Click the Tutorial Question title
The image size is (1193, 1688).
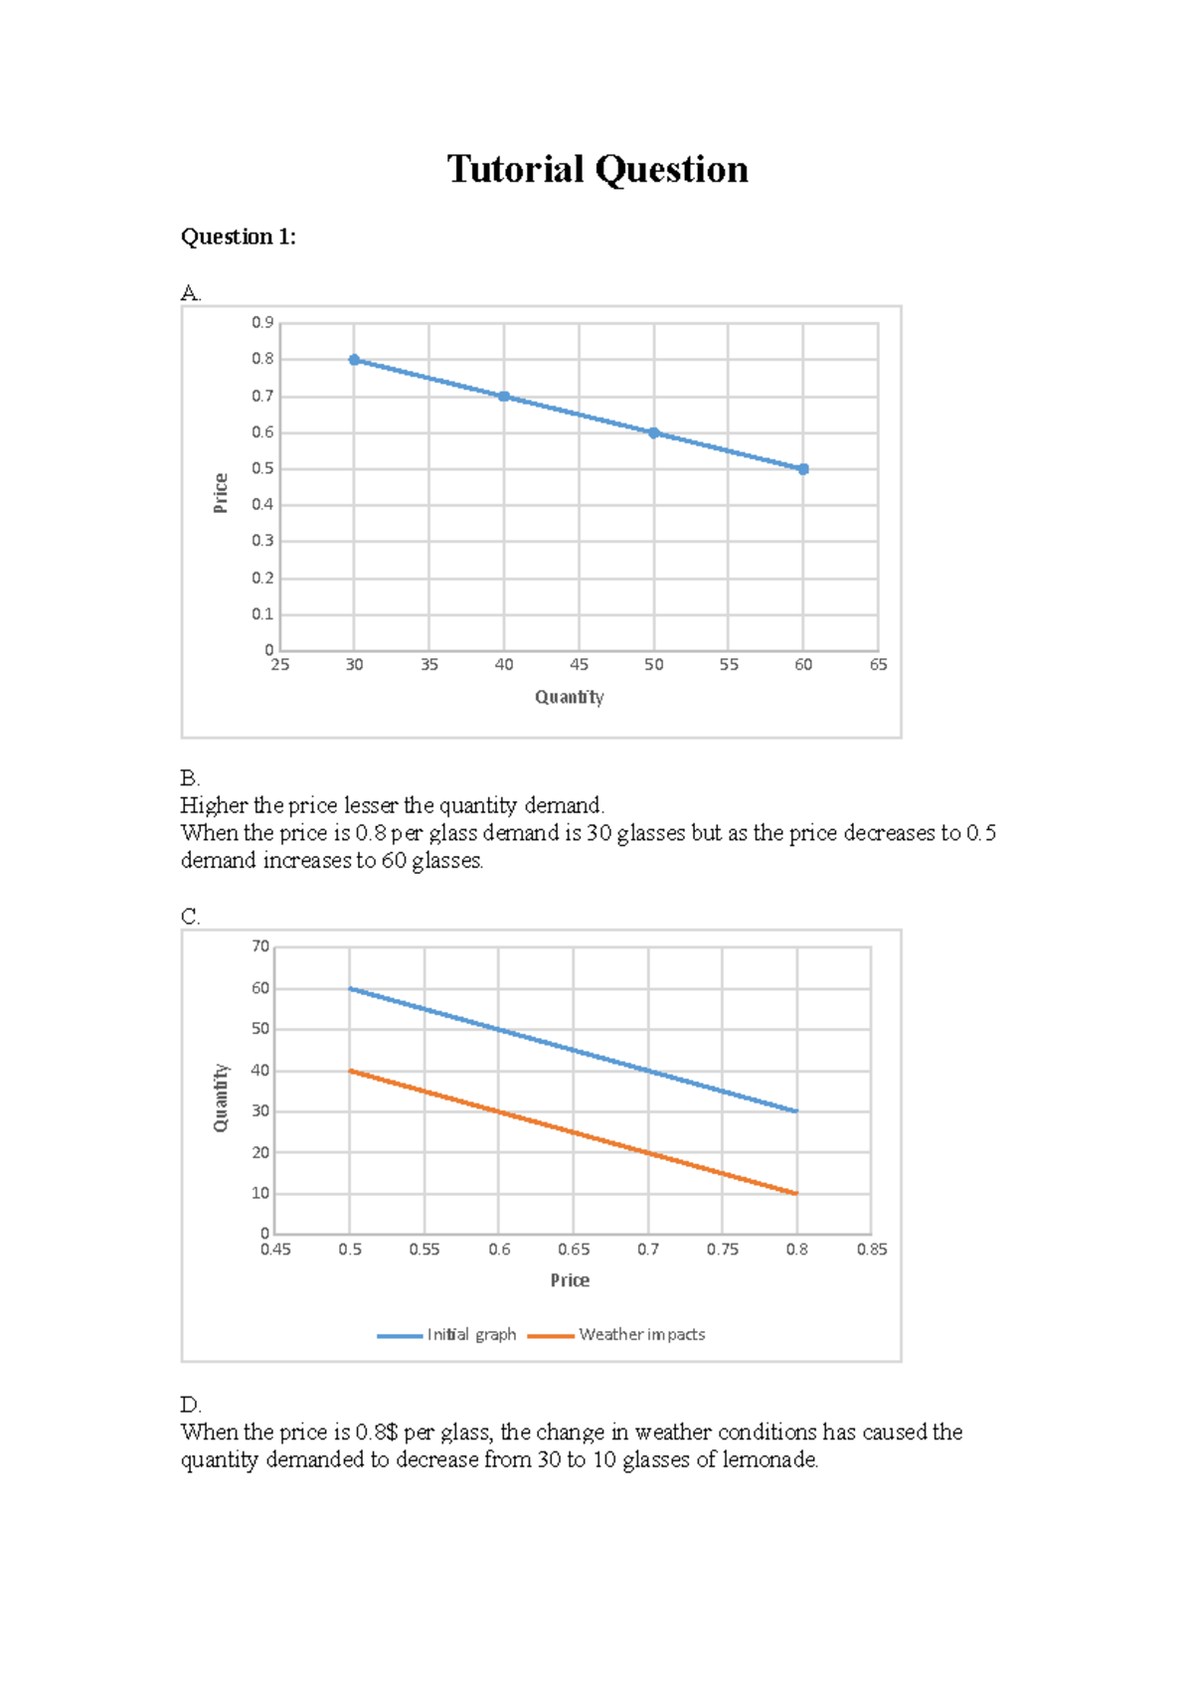[596, 169]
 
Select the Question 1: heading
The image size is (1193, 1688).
[238, 237]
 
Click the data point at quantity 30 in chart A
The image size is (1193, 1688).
[354, 360]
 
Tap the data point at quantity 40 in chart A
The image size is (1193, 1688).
[504, 397]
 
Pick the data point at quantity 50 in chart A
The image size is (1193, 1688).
[654, 432]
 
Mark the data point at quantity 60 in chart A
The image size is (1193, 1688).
[803, 469]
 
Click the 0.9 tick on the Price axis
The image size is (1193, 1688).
[262, 322]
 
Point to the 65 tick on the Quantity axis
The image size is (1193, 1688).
[878, 664]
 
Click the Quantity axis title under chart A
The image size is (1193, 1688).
[569, 697]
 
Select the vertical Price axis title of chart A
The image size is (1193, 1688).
[221, 493]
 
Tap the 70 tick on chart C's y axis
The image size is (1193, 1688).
[260, 946]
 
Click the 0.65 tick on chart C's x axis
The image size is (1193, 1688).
[574, 1250]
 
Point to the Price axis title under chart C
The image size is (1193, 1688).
[570, 1280]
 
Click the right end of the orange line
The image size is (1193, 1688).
[796, 1193]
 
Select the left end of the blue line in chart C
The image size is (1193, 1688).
[350, 988]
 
